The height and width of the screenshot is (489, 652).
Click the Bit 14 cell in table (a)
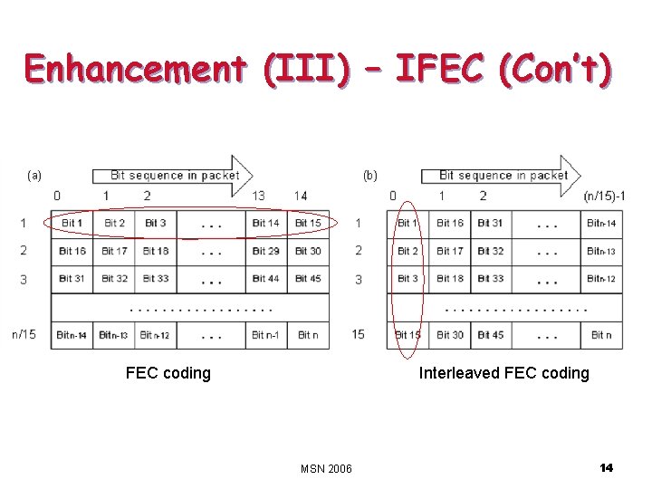click(265, 223)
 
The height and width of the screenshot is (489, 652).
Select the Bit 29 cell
click(265, 251)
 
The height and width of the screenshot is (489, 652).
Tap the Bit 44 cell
click(265, 279)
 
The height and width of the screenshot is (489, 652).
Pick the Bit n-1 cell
click(265, 335)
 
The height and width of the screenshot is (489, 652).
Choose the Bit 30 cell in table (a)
click(308, 251)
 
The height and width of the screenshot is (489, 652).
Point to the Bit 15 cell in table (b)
click(408, 335)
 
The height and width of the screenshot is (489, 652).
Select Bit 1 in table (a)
click(72, 223)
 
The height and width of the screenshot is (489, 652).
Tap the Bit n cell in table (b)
click(601, 335)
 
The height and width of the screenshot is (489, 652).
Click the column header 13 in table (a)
click(258, 196)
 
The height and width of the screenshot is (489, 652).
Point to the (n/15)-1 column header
click(604, 196)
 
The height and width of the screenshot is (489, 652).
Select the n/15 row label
click(24, 334)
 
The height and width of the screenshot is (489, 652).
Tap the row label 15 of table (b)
click(359, 334)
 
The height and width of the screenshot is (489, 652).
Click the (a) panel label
click(34, 175)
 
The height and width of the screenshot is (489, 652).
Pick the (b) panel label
click(369, 175)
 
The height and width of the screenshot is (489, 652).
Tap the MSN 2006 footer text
click(326, 468)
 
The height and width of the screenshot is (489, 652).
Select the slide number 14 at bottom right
click(606, 467)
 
